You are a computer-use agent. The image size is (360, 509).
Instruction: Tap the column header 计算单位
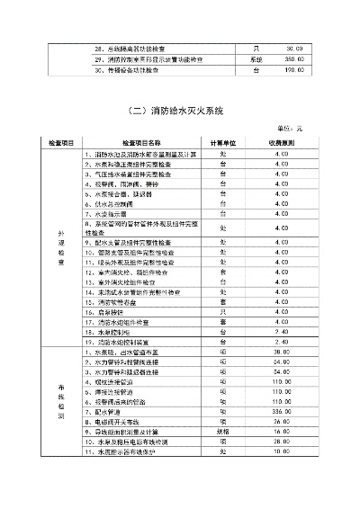pos(223,143)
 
